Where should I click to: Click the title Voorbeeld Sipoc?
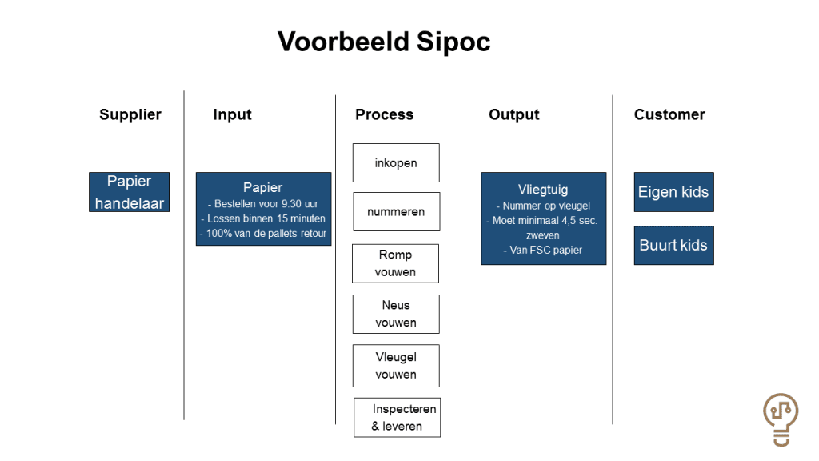[x=384, y=42]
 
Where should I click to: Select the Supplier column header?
[x=130, y=114]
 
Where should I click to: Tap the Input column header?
[x=233, y=114]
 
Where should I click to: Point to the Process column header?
[x=385, y=114]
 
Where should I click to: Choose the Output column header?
[x=514, y=114]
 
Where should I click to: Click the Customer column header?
[x=669, y=114]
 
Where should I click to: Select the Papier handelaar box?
[x=129, y=192]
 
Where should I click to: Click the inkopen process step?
[x=396, y=163]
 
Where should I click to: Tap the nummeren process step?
[x=397, y=211]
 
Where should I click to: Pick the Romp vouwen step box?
[x=395, y=263]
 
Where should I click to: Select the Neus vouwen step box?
[x=396, y=314]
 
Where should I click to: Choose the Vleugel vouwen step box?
[x=396, y=366]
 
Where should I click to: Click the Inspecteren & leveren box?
[x=397, y=418]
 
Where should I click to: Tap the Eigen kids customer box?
[x=673, y=192]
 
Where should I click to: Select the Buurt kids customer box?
[x=673, y=245]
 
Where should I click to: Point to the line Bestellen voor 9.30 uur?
[x=263, y=204]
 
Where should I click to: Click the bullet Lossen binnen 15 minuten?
[x=263, y=218]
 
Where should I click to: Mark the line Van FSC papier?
[x=543, y=250]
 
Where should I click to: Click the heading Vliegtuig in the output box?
[x=543, y=189]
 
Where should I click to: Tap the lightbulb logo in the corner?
[x=781, y=419]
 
